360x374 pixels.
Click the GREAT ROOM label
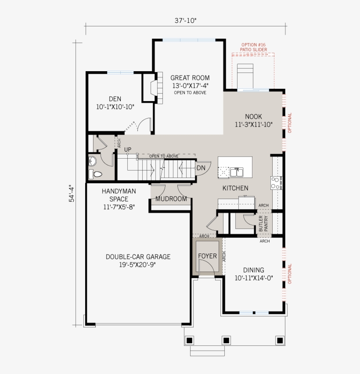pos(190,78)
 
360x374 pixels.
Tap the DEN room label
pos(115,99)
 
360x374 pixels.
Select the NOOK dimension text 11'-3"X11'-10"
pos(254,124)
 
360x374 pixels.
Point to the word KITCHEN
pos(235,188)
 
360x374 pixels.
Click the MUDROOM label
pos(171,199)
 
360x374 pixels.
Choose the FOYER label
pos(207,256)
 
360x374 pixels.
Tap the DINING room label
pos(254,270)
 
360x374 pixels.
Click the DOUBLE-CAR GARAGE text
pos(138,257)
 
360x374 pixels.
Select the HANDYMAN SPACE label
pos(119,195)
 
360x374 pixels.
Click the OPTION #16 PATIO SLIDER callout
pos(253,47)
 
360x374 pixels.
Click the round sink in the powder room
pos(92,161)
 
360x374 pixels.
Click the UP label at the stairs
pos(128,149)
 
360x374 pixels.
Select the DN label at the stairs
pos(201,168)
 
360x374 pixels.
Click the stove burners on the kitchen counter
pos(276,182)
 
